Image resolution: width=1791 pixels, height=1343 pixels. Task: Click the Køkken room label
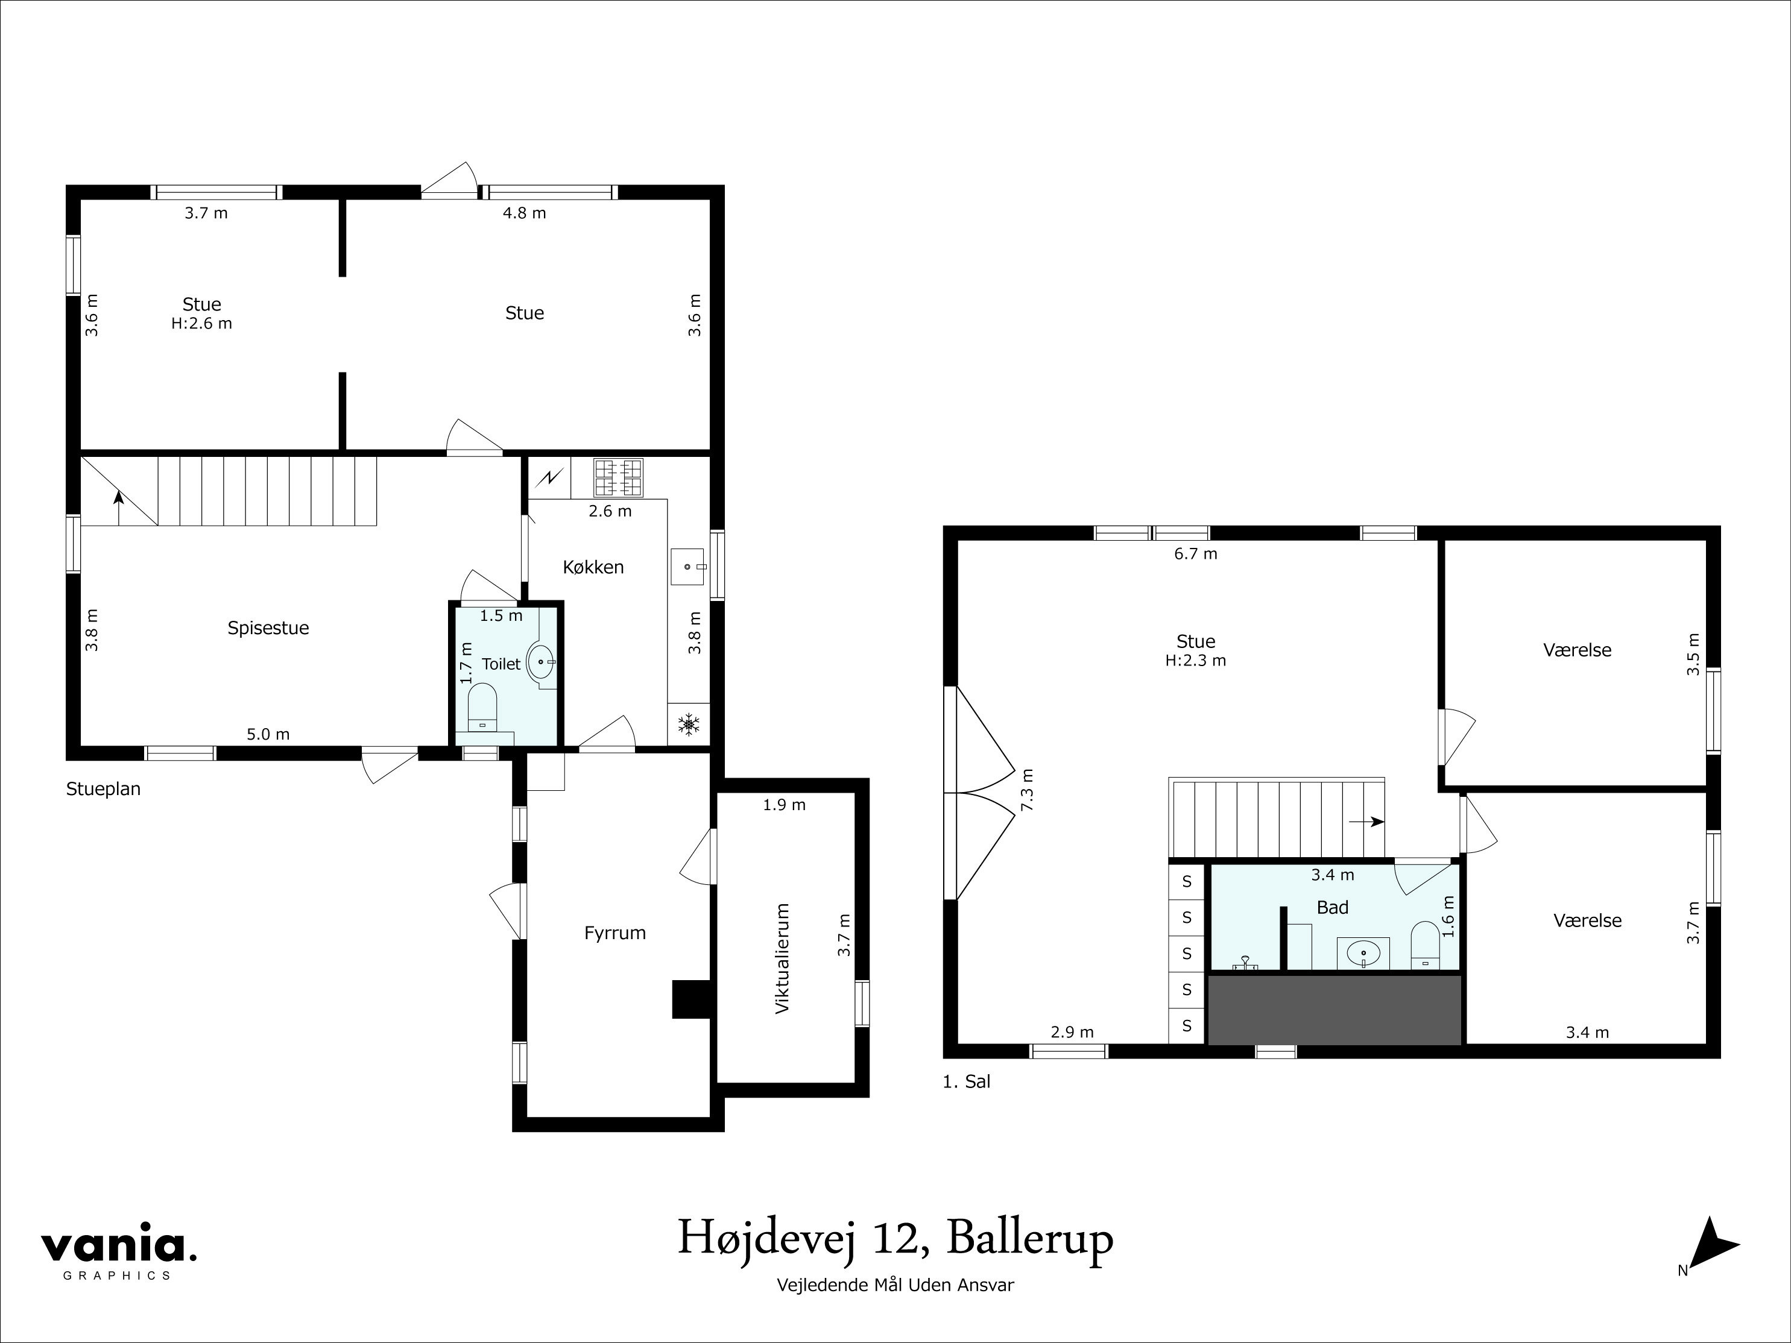[593, 567]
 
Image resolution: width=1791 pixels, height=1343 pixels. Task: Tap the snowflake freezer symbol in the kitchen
[688, 725]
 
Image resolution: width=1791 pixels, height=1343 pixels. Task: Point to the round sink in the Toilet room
[541, 661]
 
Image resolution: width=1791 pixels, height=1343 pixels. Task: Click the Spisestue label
[268, 628]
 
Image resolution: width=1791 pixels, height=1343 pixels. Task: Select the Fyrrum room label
[614, 933]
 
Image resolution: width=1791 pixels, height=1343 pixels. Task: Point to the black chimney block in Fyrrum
[690, 999]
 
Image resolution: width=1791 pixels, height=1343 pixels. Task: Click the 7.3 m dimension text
[1028, 790]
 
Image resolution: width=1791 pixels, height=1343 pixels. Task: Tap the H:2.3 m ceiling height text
[1195, 661]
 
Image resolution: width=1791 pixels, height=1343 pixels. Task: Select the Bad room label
[1332, 907]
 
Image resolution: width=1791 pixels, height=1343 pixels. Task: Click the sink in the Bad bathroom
[1363, 953]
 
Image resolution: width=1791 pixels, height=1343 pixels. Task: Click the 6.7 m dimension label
[1195, 554]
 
